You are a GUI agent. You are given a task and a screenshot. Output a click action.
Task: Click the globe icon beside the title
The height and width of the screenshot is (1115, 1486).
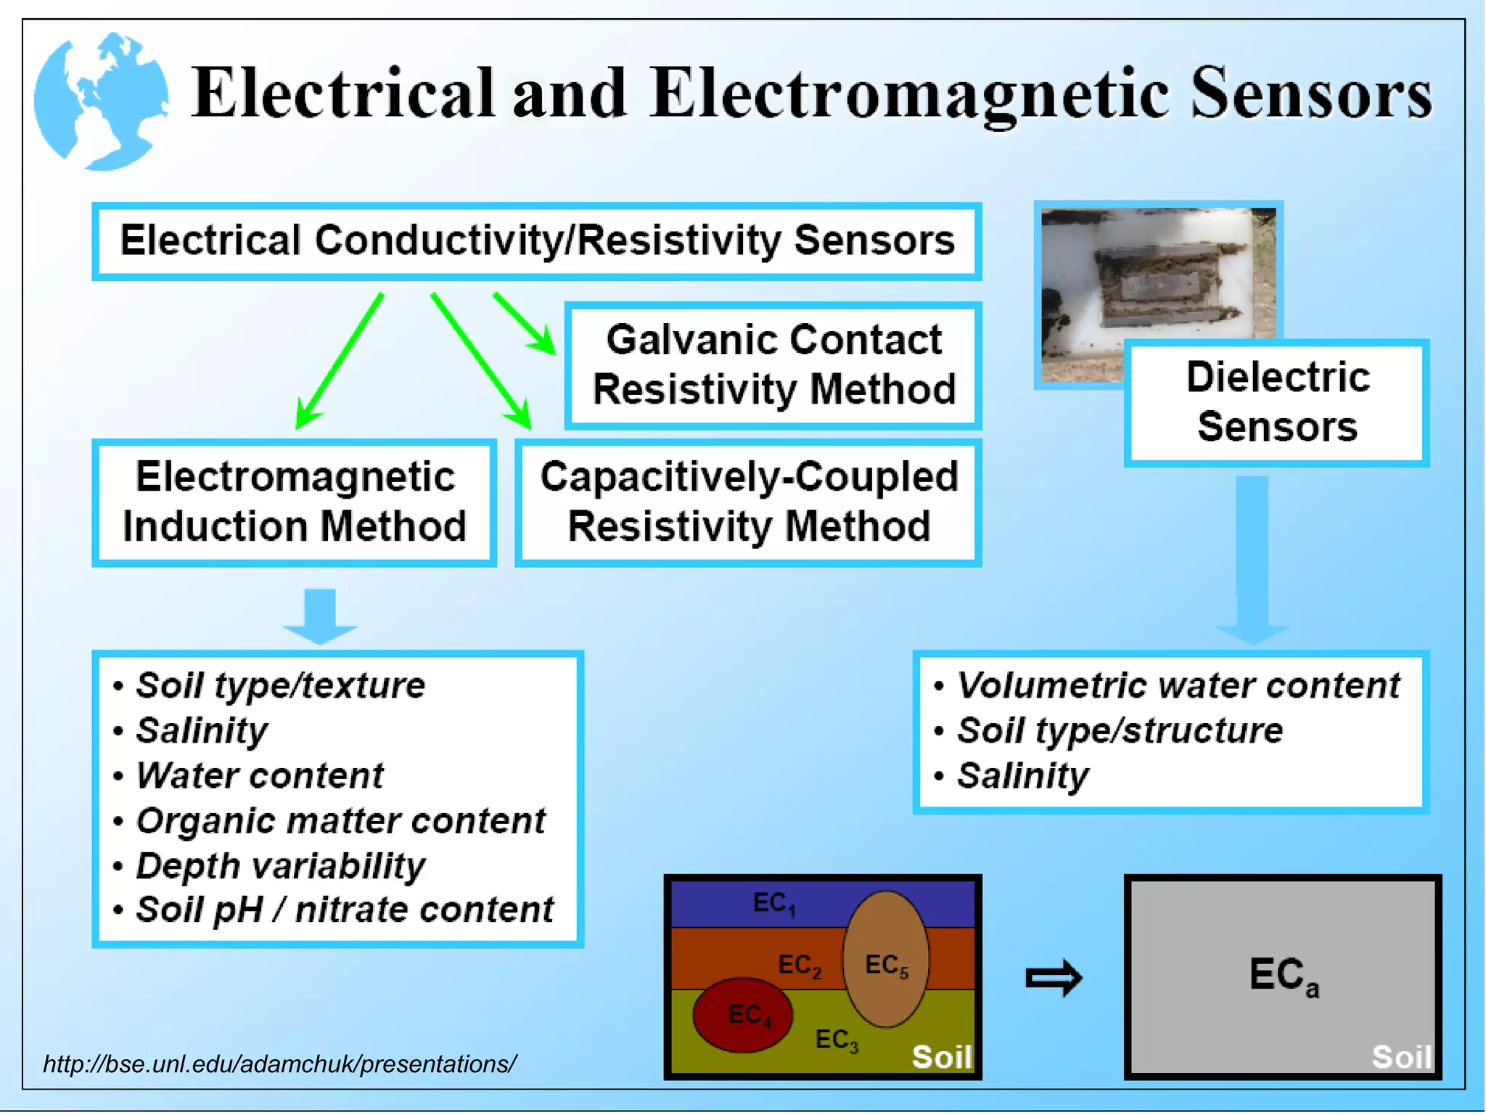102,102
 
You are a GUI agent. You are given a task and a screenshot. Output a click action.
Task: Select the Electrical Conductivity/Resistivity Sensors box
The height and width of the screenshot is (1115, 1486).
537,241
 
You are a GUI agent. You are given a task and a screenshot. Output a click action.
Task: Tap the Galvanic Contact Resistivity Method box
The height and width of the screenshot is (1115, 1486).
773,365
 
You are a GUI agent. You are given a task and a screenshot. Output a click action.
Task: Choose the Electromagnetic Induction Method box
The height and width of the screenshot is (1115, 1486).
295,502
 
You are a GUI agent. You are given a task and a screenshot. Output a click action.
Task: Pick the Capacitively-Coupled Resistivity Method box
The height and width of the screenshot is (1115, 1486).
749,502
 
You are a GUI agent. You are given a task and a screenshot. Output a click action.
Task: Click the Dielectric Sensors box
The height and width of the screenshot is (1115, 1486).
1277,402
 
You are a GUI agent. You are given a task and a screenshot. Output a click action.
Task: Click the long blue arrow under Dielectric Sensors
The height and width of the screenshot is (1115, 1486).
1252,559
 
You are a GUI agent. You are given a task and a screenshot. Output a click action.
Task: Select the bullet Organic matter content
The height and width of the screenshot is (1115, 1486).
340,821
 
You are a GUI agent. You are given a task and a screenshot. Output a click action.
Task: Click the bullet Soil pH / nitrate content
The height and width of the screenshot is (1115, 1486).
344,910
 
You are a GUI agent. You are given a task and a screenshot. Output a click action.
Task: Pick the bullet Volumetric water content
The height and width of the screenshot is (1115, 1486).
1178,685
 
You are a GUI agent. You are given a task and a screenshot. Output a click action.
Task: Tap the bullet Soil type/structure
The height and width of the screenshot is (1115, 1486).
1119,730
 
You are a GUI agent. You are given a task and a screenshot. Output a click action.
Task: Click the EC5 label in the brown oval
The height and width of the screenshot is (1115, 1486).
886,965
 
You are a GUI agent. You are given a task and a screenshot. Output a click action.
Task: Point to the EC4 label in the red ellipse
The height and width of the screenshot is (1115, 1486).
749,1015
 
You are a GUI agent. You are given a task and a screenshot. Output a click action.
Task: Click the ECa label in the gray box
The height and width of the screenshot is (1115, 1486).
1283,976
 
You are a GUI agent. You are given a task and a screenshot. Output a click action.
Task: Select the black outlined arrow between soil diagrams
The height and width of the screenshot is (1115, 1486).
1054,978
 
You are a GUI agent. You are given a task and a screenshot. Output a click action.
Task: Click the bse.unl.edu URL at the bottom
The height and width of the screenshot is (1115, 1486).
279,1064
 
